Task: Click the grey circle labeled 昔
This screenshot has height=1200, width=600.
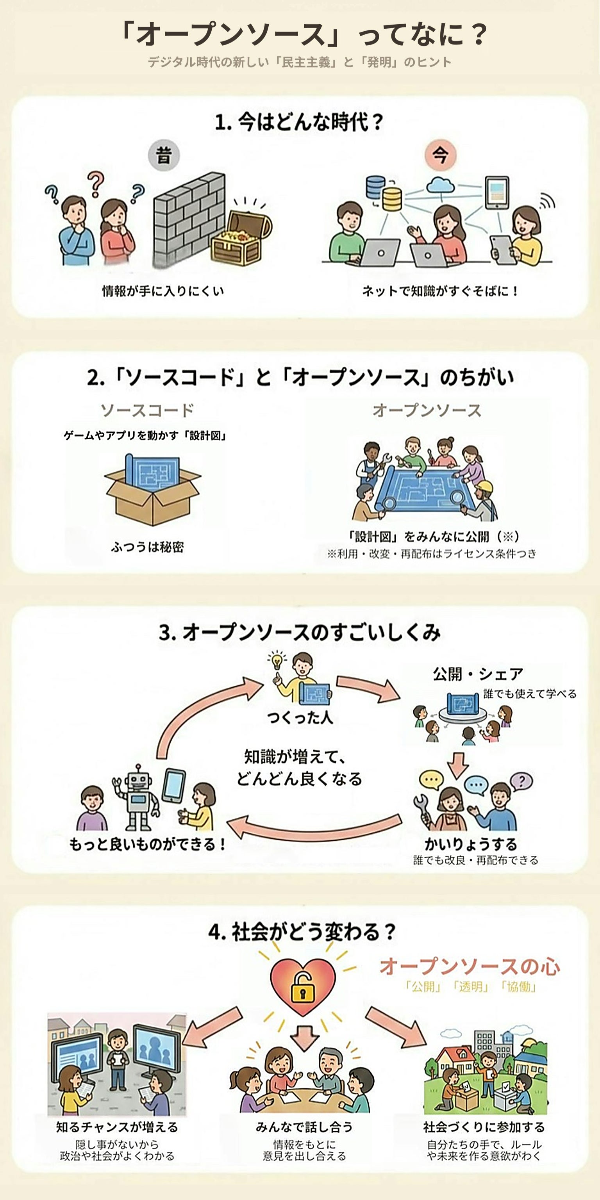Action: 164,155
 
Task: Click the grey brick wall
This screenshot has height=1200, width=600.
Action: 188,219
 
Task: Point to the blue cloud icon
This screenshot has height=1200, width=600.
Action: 440,185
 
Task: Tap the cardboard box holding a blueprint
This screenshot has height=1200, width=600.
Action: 152,489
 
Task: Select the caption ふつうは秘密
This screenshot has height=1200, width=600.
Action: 147,547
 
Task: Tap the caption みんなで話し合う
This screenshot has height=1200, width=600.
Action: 304,1127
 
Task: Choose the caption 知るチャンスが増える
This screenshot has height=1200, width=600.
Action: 117,1127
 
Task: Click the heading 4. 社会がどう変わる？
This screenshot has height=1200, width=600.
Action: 302,932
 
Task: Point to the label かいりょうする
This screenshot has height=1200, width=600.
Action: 470,843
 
